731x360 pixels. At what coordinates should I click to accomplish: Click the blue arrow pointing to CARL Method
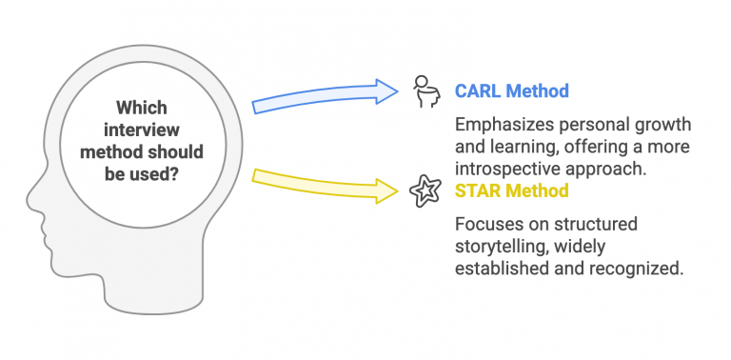click(x=324, y=97)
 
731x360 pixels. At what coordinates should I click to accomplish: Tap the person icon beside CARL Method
click(x=424, y=91)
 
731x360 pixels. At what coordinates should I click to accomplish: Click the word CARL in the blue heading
click(x=478, y=91)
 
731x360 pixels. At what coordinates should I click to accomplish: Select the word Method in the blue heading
click(x=538, y=91)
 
